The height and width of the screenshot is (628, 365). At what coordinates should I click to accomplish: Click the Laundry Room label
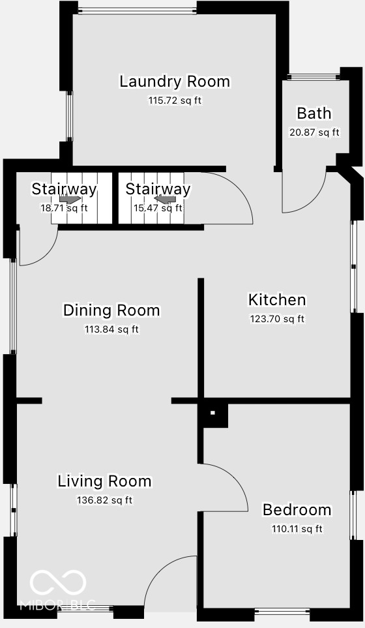[x=175, y=82]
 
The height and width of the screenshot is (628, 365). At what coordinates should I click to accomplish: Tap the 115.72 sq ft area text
[x=175, y=101]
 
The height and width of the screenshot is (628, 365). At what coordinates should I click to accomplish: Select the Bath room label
[x=314, y=113]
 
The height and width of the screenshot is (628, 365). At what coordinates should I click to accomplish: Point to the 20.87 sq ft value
[x=314, y=132]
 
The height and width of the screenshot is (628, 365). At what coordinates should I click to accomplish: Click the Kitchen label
[x=277, y=300]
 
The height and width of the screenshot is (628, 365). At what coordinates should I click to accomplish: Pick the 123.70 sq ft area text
[x=277, y=319]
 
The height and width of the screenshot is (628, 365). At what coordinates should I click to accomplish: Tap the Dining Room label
[x=111, y=310]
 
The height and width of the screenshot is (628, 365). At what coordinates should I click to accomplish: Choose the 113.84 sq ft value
[x=111, y=329]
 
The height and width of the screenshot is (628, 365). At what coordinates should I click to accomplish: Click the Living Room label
[x=104, y=482]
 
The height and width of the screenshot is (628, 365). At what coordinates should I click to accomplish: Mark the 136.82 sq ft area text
[x=104, y=501]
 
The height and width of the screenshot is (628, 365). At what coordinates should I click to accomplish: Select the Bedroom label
[x=297, y=510]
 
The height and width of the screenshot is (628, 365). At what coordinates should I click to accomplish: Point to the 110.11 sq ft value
[x=297, y=529]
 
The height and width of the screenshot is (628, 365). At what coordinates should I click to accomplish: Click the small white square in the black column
[x=212, y=413]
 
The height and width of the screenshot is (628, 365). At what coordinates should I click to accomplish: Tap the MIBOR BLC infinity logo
[x=58, y=582]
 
